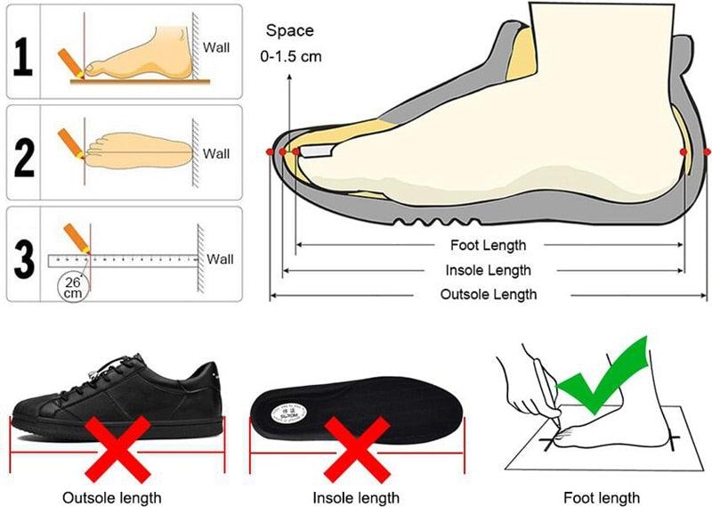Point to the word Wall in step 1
point(216,46)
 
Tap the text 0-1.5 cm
point(290,56)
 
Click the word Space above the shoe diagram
point(290,30)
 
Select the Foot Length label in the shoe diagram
point(489,245)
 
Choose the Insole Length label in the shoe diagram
point(489,270)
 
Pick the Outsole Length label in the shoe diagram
point(489,294)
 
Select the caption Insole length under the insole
point(355,497)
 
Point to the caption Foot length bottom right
point(602,497)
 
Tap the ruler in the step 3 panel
point(125,260)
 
